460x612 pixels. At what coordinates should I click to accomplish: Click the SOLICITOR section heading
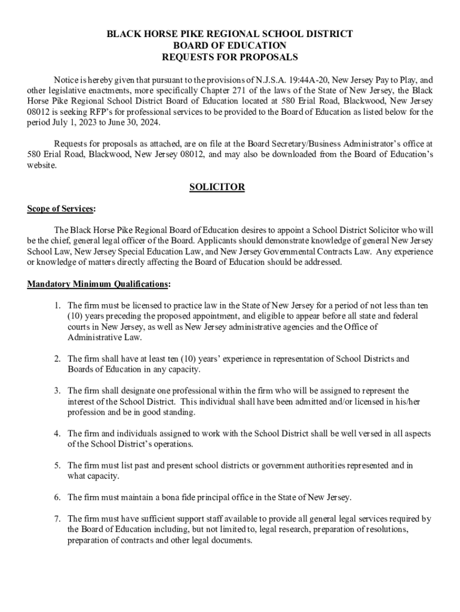(217, 187)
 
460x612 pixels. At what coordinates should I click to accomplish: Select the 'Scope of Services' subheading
(60, 209)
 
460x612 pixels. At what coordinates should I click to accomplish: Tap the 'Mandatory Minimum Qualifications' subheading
(98, 284)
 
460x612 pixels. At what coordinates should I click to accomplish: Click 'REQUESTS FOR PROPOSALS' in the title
(229, 57)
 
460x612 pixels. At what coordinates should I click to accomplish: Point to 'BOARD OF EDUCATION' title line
(229, 45)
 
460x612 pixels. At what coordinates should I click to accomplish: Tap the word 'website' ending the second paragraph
(42, 166)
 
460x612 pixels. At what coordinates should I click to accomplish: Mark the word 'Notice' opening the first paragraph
(66, 79)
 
